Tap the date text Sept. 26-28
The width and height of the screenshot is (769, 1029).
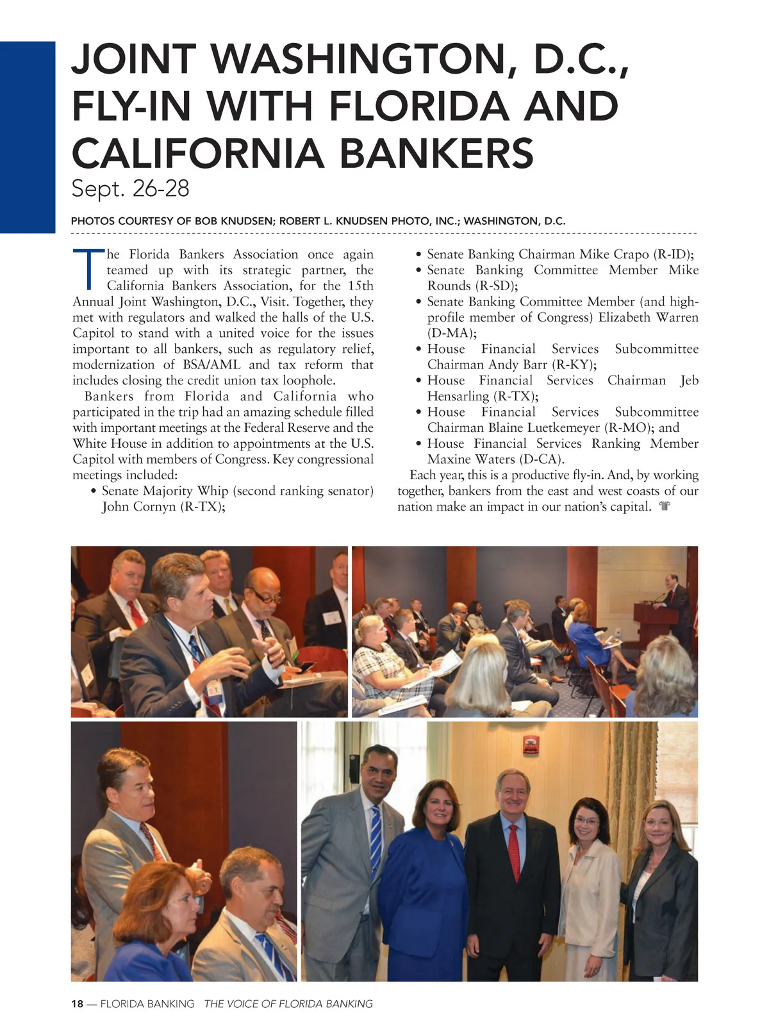[130, 189]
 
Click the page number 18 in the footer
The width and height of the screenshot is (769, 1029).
[77, 1004]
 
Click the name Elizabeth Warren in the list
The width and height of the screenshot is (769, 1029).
[649, 317]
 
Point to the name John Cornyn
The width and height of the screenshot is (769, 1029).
[138, 506]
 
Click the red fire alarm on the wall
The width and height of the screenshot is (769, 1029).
[529, 745]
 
